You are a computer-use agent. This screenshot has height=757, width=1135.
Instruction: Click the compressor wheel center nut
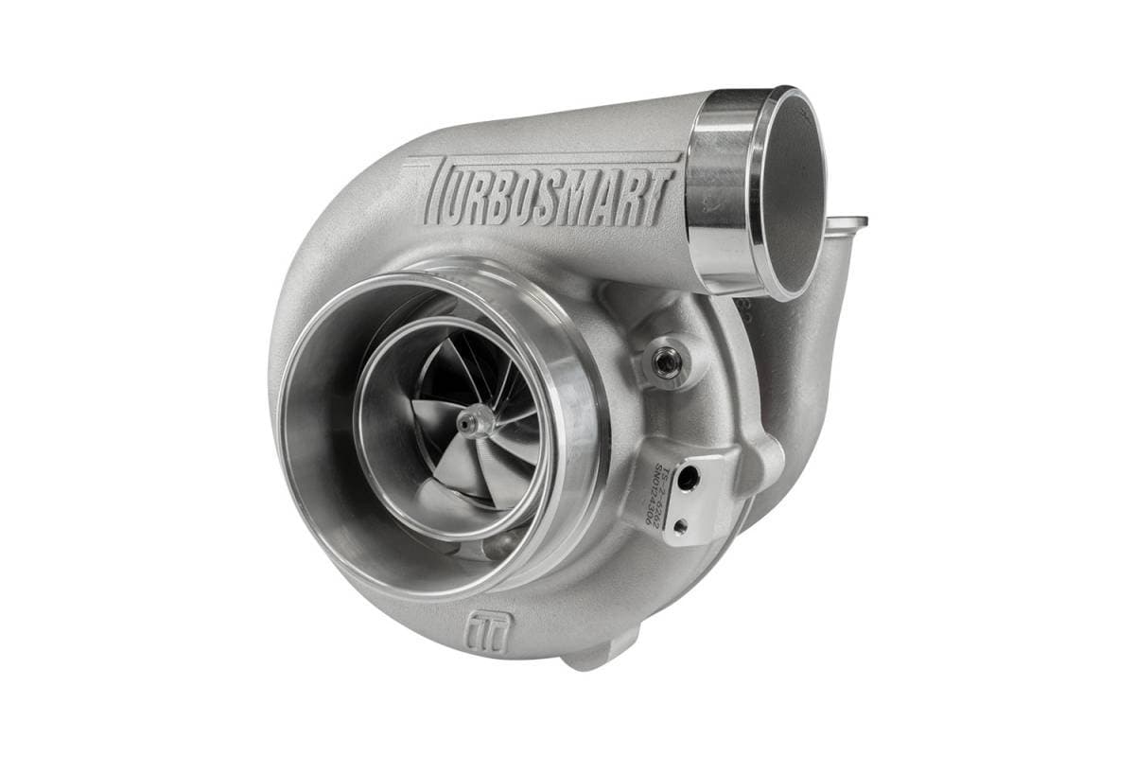click(x=470, y=422)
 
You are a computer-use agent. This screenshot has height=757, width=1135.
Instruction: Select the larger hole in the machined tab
click(x=689, y=479)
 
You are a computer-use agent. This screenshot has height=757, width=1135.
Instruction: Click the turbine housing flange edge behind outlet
click(x=847, y=223)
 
